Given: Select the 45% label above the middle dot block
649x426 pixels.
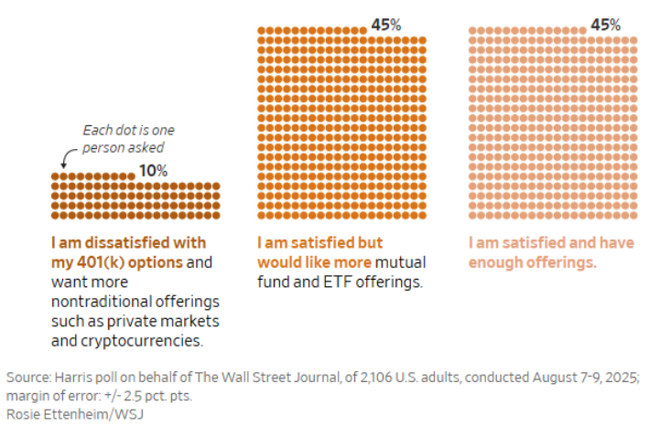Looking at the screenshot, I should click(x=385, y=25).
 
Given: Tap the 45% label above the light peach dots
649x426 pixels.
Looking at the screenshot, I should click(x=605, y=25).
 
